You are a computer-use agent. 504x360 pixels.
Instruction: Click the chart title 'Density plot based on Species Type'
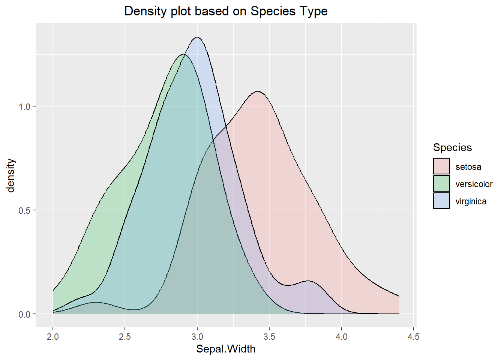tap(226, 11)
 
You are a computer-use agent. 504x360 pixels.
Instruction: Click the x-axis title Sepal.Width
tap(226, 349)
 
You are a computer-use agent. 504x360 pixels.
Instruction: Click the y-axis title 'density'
tap(11, 175)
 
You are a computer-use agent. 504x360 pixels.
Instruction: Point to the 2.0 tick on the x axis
tap(53, 336)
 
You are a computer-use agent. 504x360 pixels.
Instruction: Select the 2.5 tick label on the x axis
tap(125, 336)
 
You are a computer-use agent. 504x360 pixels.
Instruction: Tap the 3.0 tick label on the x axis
tap(197, 336)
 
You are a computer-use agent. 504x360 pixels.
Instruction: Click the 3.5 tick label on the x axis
tap(269, 336)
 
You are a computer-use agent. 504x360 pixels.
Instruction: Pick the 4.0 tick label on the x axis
tap(342, 336)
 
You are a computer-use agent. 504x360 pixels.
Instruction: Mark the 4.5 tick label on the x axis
tap(414, 336)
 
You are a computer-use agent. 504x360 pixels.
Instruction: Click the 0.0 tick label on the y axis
tap(24, 314)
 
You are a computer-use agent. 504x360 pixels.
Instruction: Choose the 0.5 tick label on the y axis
tap(24, 210)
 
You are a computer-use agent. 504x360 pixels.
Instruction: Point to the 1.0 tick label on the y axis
tap(24, 106)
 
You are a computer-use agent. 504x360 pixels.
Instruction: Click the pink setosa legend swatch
tap(441, 166)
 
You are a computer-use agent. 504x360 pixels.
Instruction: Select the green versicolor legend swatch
tap(441, 183)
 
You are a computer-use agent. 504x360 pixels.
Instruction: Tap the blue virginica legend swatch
tap(441, 201)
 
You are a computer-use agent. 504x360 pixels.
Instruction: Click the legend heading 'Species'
tap(452, 147)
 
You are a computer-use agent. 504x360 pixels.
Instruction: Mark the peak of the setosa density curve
tap(258, 91)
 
